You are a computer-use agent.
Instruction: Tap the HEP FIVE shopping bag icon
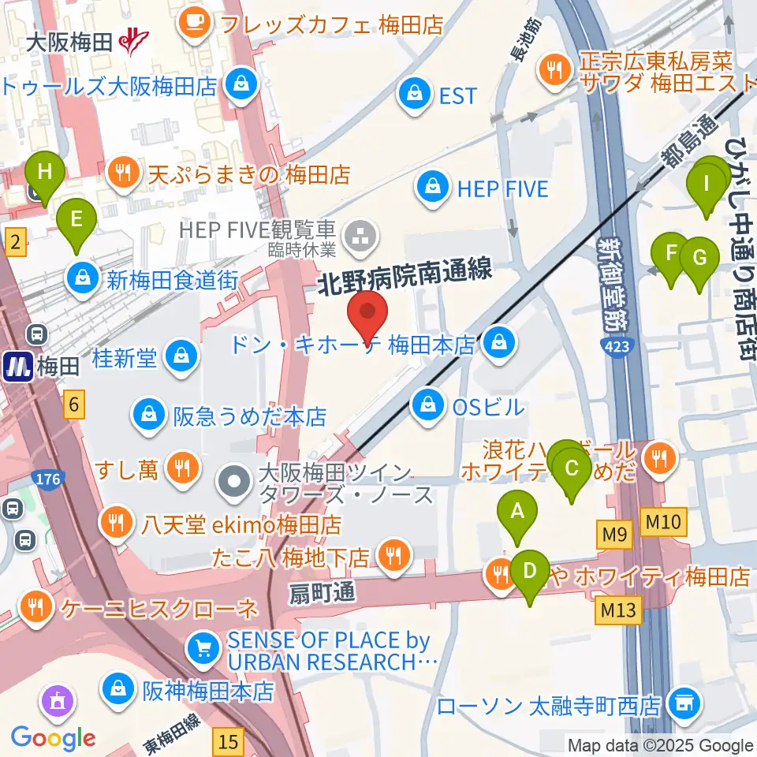[x=433, y=187]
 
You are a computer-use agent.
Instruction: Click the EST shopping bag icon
[x=412, y=95]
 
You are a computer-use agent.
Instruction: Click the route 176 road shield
[x=47, y=479]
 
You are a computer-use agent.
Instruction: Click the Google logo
[x=54, y=738]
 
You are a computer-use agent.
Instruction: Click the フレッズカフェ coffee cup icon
[x=194, y=24]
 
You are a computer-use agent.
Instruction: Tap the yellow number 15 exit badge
[x=229, y=740]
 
